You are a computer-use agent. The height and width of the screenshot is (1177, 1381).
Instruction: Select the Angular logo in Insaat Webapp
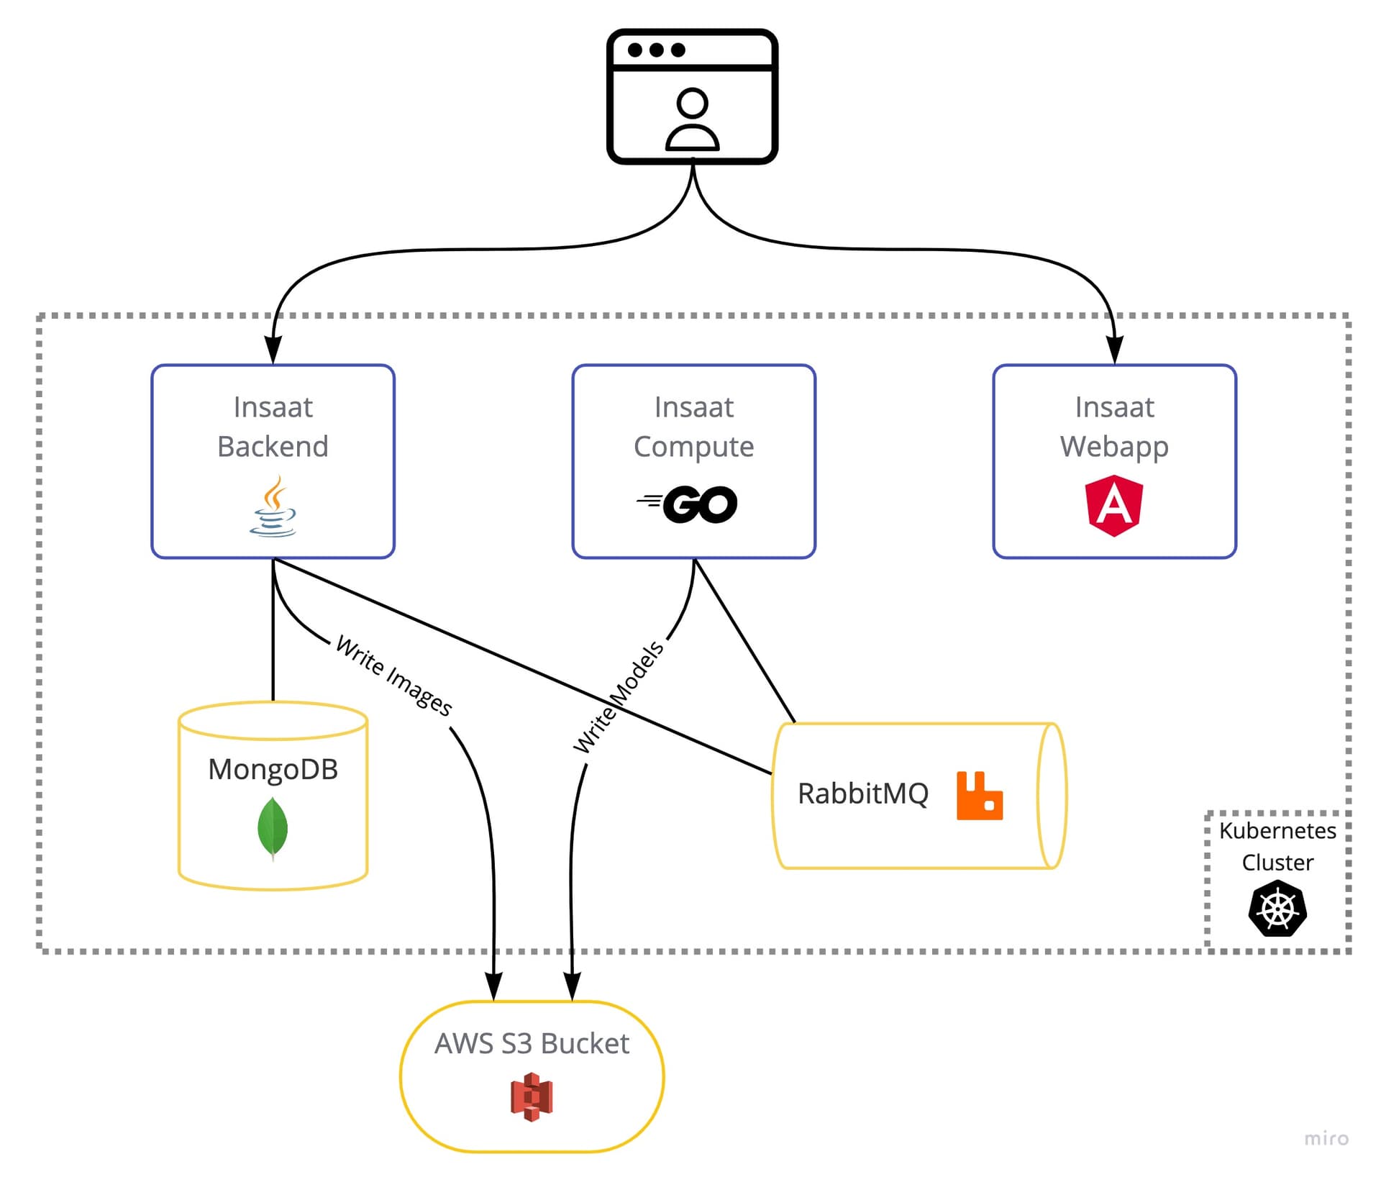click(1113, 505)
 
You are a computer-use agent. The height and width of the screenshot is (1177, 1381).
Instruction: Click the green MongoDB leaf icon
click(273, 829)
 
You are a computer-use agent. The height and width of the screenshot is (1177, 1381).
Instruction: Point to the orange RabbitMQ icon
click(979, 795)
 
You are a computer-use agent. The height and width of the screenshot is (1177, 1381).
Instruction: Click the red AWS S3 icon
click(531, 1096)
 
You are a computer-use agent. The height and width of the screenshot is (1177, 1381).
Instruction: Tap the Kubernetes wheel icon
click(1277, 909)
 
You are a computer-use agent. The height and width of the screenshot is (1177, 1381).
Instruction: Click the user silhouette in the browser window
click(692, 119)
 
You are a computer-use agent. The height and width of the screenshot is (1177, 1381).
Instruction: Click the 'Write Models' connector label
click(618, 696)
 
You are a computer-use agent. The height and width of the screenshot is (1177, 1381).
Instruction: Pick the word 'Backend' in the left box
click(273, 447)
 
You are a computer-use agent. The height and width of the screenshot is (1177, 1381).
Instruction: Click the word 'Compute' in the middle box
click(693, 447)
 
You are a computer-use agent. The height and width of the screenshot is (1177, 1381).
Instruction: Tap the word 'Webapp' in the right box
click(1113, 447)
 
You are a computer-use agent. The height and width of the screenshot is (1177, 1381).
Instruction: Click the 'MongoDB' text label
click(273, 769)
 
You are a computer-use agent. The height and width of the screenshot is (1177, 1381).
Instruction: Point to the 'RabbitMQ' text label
click(862, 794)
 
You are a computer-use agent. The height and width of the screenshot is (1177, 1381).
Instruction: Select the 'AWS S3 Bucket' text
click(532, 1043)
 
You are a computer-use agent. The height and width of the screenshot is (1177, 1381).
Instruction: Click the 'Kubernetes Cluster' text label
click(1277, 846)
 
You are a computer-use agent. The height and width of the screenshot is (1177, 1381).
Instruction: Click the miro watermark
click(1326, 1139)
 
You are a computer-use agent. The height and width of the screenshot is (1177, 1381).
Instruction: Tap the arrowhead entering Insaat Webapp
click(1114, 350)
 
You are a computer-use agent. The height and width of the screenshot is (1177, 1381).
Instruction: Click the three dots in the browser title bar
click(656, 50)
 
